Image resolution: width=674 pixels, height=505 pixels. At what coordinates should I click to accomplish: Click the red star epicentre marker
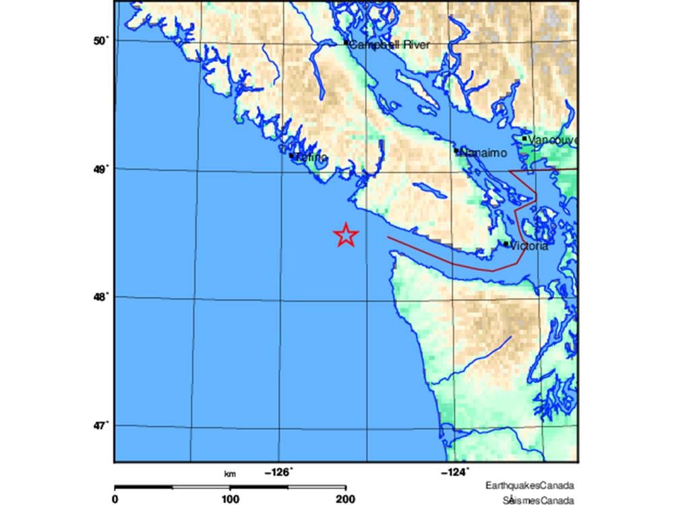(346, 235)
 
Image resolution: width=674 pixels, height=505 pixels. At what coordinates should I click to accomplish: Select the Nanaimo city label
(483, 154)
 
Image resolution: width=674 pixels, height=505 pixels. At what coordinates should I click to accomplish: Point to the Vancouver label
(553, 140)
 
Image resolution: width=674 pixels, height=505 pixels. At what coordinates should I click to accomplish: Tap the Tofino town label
(311, 158)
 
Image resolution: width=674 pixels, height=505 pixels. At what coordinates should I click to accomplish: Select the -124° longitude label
(456, 473)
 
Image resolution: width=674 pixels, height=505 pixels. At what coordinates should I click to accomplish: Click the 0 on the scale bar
(115, 499)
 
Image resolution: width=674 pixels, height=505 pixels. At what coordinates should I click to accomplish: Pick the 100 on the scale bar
(230, 499)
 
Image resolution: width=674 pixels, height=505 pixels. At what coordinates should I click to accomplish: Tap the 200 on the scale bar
(345, 499)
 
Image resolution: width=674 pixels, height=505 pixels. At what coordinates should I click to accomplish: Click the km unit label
(230, 475)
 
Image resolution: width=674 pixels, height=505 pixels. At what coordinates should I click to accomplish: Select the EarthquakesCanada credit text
(529, 485)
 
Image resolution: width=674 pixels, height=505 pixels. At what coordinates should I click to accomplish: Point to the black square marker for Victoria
(506, 244)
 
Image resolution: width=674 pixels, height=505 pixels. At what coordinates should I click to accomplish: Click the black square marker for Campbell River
(346, 42)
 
